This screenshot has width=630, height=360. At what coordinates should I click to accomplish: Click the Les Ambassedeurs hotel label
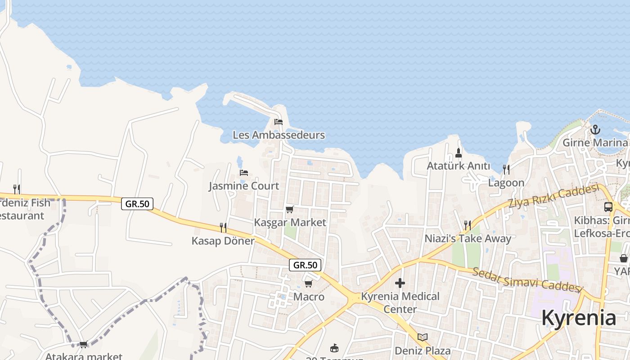click(279, 135)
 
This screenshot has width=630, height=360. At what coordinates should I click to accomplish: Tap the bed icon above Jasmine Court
click(244, 172)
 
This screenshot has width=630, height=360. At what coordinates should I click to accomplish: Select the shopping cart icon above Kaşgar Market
click(289, 209)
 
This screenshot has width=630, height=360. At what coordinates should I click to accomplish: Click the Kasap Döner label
click(223, 241)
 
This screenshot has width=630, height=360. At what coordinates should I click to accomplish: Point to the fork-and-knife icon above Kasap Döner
click(223, 227)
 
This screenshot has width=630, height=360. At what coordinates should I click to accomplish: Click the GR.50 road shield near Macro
click(305, 265)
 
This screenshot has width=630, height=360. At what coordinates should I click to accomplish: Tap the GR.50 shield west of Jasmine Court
click(137, 204)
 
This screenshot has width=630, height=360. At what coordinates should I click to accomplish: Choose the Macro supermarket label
click(309, 297)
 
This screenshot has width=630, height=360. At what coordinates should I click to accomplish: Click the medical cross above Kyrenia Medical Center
click(400, 283)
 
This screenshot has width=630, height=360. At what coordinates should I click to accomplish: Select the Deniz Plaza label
click(422, 351)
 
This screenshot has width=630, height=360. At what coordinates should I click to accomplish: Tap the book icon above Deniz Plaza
click(422, 337)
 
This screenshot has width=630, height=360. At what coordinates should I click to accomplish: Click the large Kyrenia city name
click(578, 318)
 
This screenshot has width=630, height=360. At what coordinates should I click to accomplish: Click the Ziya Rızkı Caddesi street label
click(553, 197)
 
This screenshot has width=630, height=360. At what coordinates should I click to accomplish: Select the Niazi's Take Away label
click(468, 238)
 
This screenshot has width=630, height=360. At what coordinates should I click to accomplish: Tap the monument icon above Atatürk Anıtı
click(459, 153)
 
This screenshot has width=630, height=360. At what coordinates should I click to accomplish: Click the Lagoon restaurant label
click(506, 183)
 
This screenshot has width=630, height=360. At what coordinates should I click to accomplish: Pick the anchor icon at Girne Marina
click(595, 130)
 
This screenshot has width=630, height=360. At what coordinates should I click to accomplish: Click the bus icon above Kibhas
click(608, 207)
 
